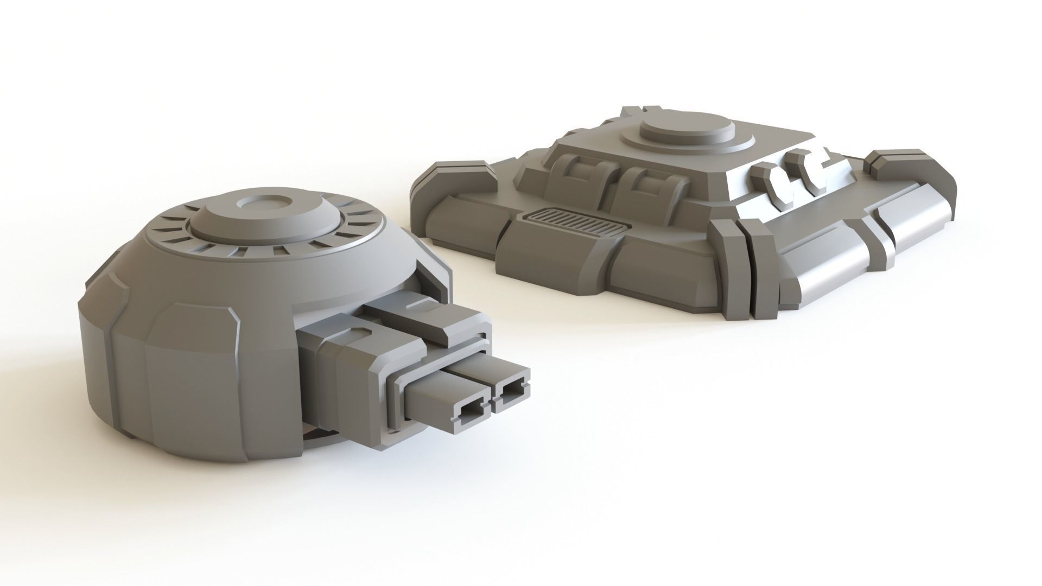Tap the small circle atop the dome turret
(265, 204)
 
